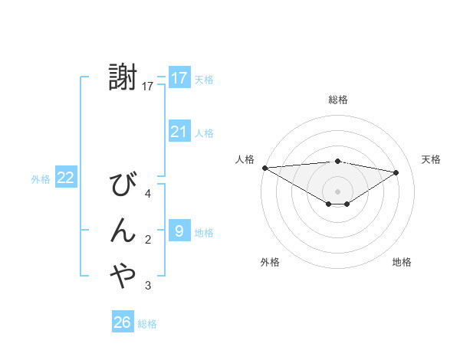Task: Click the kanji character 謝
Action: click(123, 78)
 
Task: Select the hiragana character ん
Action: click(123, 231)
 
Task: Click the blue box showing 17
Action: click(179, 78)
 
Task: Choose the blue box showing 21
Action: click(179, 132)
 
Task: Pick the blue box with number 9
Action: click(179, 231)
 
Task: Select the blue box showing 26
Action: click(123, 322)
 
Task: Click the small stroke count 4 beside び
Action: click(148, 194)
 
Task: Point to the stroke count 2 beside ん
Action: click(148, 240)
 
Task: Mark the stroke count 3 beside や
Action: click(148, 286)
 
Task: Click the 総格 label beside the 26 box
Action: click(148, 324)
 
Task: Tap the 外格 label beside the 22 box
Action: click(41, 179)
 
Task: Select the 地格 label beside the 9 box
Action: click(205, 232)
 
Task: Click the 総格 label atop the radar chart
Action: click(338, 100)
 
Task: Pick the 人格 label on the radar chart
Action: click(245, 159)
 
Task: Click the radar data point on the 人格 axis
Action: click(264, 168)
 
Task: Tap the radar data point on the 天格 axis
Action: click(396, 172)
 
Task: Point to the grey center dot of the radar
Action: click(337, 190)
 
